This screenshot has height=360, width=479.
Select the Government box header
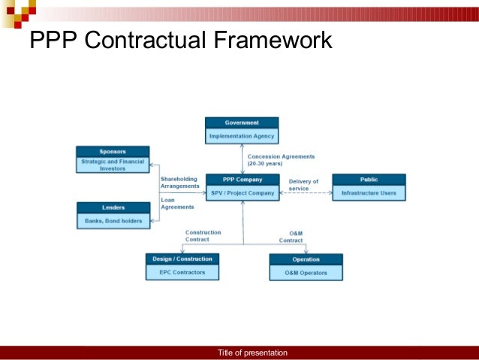pyautogui.click(x=242, y=123)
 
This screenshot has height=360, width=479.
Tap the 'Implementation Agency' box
pyautogui.click(x=242, y=136)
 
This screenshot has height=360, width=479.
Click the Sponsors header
pyautogui.click(x=113, y=152)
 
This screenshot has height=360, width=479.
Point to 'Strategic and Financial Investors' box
pyautogui.click(x=113, y=165)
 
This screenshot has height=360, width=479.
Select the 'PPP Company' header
pyautogui.click(x=242, y=180)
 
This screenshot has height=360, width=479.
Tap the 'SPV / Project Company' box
pyautogui.click(x=242, y=193)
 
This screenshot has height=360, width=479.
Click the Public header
pyautogui.click(x=369, y=180)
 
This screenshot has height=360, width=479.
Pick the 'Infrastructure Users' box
pyautogui.click(x=369, y=193)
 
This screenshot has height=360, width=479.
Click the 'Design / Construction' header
pyautogui.click(x=182, y=259)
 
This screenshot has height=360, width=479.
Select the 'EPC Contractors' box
pyautogui.click(x=182, y=272)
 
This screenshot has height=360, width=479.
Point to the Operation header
pyautogui.click(x=306, y=259)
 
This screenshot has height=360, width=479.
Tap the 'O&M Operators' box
pyautogui.click(x=306, y=273)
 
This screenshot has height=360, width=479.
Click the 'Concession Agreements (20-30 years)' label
pyautogui.click(x=281, y=159)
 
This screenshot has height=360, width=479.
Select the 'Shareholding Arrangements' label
pyautogui.click(x=179, y=182)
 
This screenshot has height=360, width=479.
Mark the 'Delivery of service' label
pyautogui.click(x=304, y=185)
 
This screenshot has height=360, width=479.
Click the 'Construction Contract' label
pyautogui.click(x=203, y=236)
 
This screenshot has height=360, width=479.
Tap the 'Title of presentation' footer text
pyautogui.click(x=252, y=353)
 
